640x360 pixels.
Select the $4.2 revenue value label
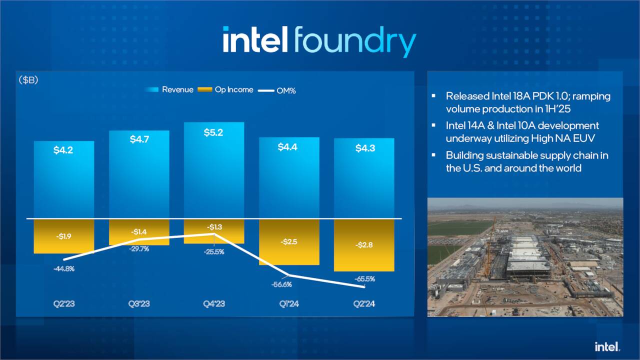[x=63, y=149]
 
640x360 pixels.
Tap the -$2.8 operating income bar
[x=364, y=245]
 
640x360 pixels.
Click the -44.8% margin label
[x=63, y=268]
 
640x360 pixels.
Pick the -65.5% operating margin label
[x=364, y=279]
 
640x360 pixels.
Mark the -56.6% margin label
[x=281, y=284]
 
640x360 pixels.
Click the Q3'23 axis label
[x=138, y=303]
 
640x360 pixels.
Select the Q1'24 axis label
[x=289, y=303]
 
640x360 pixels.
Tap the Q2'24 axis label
[x=364, y=303]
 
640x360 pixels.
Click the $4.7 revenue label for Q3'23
[x=139, y=139]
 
